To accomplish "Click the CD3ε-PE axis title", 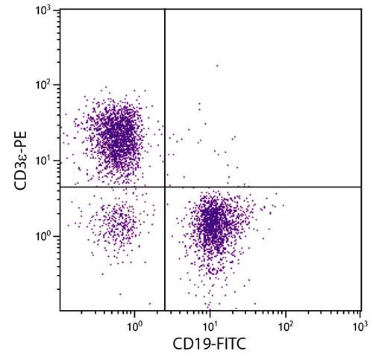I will point(16,160).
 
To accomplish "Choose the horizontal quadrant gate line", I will point(261,187).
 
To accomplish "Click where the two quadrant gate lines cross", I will point(164,187).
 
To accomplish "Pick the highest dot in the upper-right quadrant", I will point(217,66).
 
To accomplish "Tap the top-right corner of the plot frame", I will point(361,10).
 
